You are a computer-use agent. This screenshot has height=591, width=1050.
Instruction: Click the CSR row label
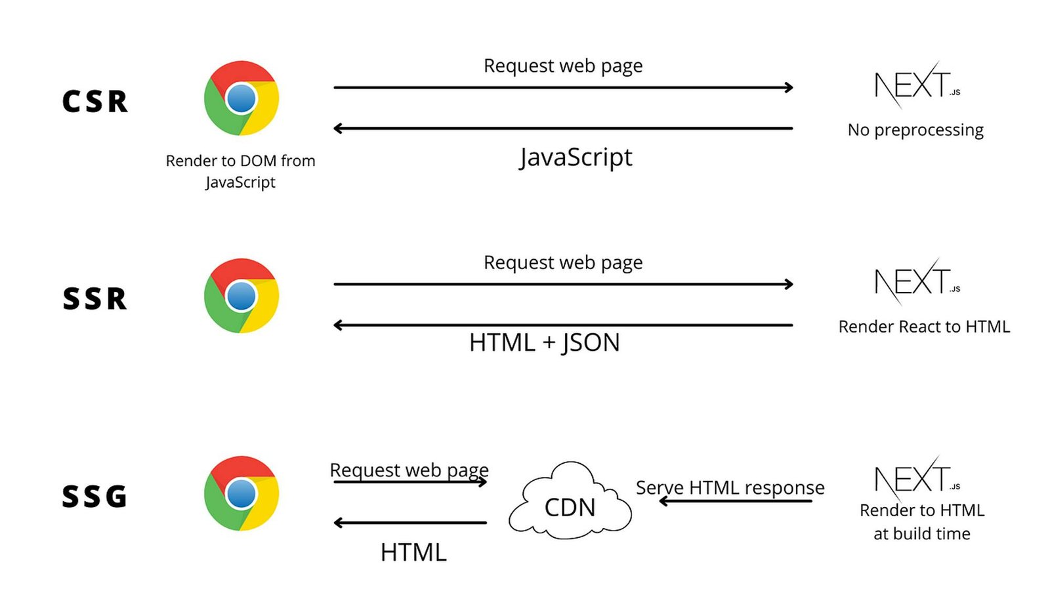pyautogui.click(x=95, y=102)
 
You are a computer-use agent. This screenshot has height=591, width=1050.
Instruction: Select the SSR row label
pyautogui.click(x=95, y=299)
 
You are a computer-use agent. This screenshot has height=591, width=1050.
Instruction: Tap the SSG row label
pyautogui.click(x=95, y=497)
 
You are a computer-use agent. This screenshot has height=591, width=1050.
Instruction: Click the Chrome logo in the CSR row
pyautogui.click(x=241, y=98)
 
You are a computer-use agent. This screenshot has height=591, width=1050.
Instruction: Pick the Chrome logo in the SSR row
pyautogui.click(x=241, y=296)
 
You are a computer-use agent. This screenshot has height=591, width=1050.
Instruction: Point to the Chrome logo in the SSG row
pyautogui.click(x=241, y=493)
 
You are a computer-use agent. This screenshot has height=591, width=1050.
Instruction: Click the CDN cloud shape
pyautogui.click(x=570, y=502)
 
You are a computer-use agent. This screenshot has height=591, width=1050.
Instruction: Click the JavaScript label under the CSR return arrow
pyautogui.click(x=576, y=157)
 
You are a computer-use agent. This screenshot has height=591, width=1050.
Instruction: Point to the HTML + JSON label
pyautogui.click(x=544, y=342)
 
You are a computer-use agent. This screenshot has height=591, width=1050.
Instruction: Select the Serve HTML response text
pyautogui.click(x=730, y=487)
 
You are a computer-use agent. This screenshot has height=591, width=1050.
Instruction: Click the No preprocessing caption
pyautogui.click(x=915, y=130)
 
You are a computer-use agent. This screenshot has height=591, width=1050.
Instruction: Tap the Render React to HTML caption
pyautogui.click(x=924, y=327)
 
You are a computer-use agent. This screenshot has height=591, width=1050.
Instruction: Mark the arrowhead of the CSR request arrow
pyautogui.click(x=789, y=87)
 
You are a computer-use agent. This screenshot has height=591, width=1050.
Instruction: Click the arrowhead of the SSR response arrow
pyautogui.click(x=338, y=325)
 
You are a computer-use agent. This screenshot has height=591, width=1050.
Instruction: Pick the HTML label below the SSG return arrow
pyautogui.click(x=413, y=553)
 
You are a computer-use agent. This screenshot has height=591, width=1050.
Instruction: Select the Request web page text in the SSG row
pyautogui.click(x=409, y=470)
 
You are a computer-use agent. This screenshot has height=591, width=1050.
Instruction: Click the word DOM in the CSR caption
pyautogui.click(x=259, y=161)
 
